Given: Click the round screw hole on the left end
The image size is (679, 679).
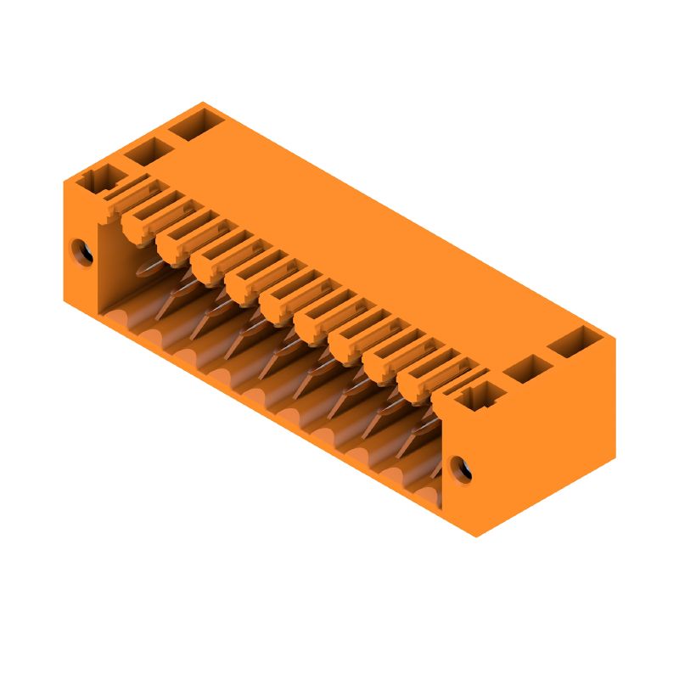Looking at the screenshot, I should tap(82, 251).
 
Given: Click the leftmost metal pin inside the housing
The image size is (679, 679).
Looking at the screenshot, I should tap(149, 269).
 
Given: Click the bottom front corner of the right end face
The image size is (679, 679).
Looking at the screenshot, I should tap(475, 536).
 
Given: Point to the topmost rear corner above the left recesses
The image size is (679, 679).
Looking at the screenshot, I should tap(203, 103).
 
